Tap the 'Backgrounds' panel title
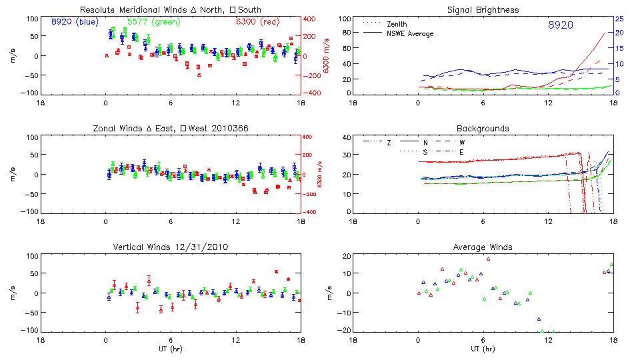coord(483,128)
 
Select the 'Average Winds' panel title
coord(483,247)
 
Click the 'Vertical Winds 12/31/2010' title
coord(170,247)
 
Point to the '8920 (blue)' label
coord(75,22)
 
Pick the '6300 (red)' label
coord(255,22)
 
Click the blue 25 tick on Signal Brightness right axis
coord(619,18)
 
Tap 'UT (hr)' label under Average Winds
coord(483,349)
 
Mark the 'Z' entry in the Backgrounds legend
coord(389,143)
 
